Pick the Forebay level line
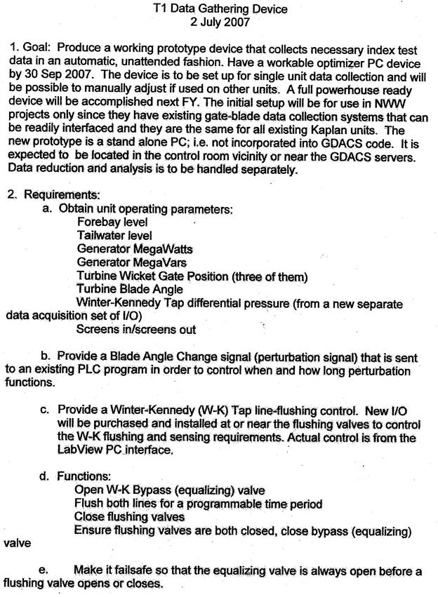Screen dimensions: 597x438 pyautogui.click(x=112, y=222)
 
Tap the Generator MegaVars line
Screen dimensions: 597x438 pyautogui.click(x=130, y=262)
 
